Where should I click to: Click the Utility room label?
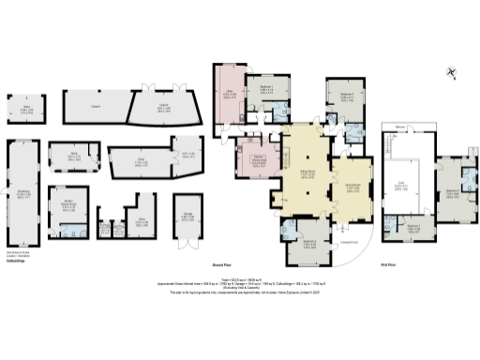coord(228,95)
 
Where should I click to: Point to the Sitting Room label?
coord(307,174)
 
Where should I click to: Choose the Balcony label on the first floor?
coord(399,127)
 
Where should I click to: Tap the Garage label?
coord(187,213)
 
